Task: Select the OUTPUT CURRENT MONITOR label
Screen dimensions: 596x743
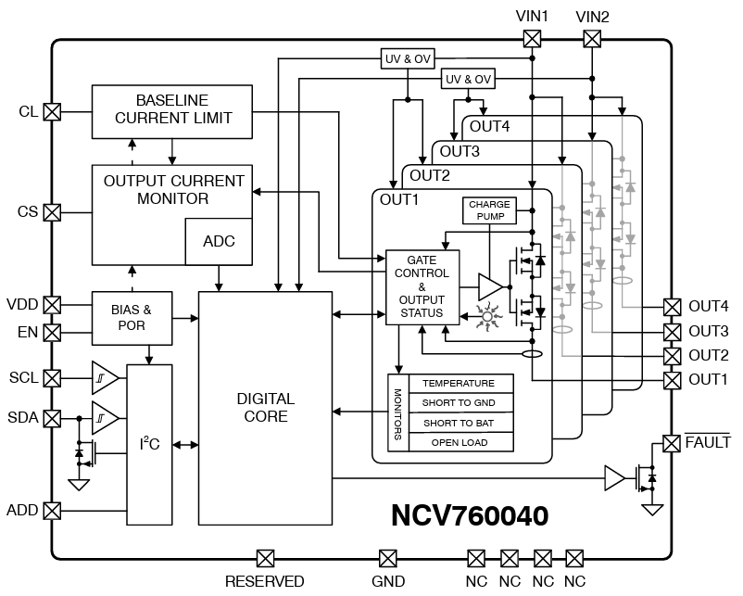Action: pyautogui.click(x=174, y=190)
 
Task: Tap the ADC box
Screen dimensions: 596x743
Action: pyautogui.click(x=219, y=241)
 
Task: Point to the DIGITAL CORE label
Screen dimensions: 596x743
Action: pyautogui.click(x=265, y=408)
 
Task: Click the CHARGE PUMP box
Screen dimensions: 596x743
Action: pyautogui.click(x=489, y=210)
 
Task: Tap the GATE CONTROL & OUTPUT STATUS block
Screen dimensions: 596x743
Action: pyautogui.click(x=422, y=286)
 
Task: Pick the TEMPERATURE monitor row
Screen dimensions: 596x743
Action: pyautogui.click(x=458, y=384)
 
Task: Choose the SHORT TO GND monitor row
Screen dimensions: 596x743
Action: pyautogui.click(x=458, y=403)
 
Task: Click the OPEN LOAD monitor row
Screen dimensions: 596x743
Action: pyautogui.click(x=458, y=442)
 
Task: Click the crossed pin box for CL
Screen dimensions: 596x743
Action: pyautogui.click(x=53, y=111)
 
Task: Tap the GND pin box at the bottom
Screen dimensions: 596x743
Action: pyautogui.click(x=388, y=558)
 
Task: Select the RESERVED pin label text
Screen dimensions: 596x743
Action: pyautogui.click(x=264, y=581)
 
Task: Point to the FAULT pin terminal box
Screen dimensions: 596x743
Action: pyautogui.click(x=672, y=444)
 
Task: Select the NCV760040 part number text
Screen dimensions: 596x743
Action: pyautogui.click(x=470, y=515)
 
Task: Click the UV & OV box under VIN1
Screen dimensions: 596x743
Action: pyautogui.click(x=408, y=58)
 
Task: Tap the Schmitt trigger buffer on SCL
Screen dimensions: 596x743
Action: pyautogui.click(x=104, y=378)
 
